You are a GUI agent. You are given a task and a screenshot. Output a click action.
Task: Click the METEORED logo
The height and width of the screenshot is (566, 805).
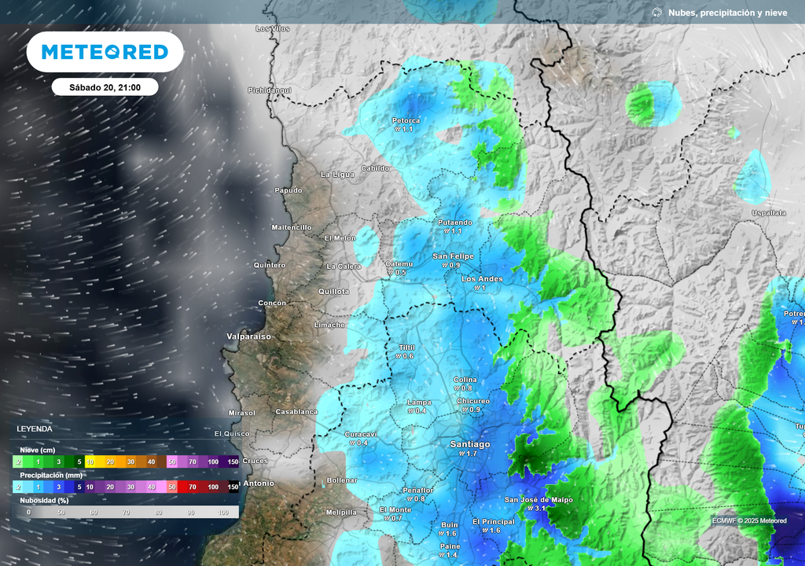(x=105, y=52)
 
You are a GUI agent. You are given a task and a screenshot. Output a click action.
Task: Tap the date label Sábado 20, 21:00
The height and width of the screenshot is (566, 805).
(x=105, y=87)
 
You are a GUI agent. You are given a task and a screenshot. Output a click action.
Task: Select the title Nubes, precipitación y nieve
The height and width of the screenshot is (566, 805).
(x=726, y=13)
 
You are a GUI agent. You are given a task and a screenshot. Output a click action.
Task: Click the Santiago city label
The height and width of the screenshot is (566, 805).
(x=469, y=444)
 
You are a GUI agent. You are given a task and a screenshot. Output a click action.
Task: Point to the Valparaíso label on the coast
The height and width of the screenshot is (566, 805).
(x=249, y=336)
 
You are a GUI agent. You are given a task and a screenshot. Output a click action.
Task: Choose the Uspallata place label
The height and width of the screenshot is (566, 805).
(x=768, y=213)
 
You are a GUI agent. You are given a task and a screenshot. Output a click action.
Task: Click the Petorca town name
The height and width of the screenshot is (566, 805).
(x=406, y=120)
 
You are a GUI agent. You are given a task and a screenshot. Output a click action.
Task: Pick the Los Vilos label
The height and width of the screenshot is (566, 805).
(x=273, y=29)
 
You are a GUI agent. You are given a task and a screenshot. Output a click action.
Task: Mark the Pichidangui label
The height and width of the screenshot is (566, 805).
(x=270, y=90)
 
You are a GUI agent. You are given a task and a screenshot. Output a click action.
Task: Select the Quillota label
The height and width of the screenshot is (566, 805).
(x=333, y=292)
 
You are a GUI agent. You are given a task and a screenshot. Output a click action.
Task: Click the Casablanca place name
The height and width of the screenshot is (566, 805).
(x=296, y=412)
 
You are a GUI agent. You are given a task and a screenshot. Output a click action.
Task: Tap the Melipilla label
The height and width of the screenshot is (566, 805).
(x=341, y=513)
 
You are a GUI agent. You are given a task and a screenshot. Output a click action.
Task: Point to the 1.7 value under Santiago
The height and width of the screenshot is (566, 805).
(x=471, y=454)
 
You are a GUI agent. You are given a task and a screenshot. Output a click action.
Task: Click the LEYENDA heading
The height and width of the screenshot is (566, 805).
(x=35, y=429)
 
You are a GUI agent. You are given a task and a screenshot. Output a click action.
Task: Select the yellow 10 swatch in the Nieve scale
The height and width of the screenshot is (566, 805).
(x=90, y=461)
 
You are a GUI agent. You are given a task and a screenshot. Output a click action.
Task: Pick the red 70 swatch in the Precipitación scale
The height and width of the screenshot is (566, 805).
(x=193, y=487)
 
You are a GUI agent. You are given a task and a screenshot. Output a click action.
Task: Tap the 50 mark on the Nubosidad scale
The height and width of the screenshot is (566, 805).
(x=61, y=513)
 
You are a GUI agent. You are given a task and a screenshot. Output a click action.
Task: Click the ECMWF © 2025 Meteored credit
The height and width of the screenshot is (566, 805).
(x=748, y=520)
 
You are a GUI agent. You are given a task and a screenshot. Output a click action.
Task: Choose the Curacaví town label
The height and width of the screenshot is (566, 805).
(x=361, y=434)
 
